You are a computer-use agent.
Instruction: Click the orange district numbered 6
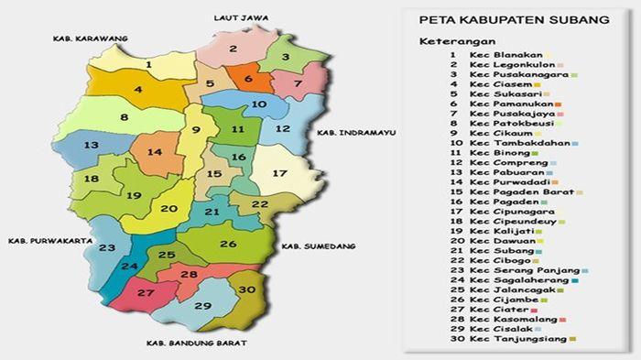tap(247, 80)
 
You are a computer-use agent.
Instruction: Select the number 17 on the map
tap(279, 173)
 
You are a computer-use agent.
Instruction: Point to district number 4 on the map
tap(138, 90)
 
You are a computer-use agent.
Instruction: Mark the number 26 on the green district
tap(228, 244)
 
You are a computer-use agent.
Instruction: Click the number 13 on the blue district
tap(91, 146)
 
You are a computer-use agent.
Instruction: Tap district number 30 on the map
tap(245, 289)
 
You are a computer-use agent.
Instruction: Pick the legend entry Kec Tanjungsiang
tap(516, 339)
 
